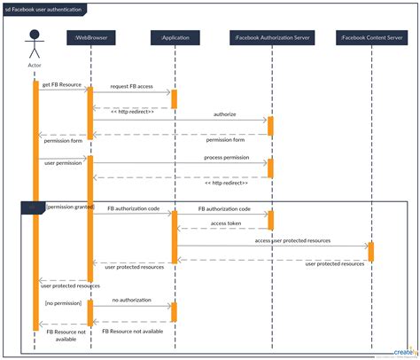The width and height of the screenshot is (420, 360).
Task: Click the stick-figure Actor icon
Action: (x=35, y=43)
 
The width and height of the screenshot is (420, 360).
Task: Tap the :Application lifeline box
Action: (x=175, y=37)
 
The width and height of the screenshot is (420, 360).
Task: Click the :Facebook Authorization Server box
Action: (x=270, y=37)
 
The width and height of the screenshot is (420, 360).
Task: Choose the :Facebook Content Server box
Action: (x=370, y=37)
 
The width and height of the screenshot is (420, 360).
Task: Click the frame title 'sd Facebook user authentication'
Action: (x=46, y=9)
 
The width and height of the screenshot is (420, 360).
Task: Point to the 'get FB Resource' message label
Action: (x=61, y=85)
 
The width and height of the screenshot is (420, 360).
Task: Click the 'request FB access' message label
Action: (x=132, y=87)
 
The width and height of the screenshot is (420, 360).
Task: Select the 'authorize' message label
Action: (x=225, y=114)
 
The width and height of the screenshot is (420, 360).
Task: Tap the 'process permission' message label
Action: (x=225, y=156)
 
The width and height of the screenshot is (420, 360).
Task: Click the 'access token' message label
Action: (x=225, y=223)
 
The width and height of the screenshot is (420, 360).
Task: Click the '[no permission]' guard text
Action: (x=62, y=302)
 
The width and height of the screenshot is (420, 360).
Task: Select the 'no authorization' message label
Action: (x=130, y=301)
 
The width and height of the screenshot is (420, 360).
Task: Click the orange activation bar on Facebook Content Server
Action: (x=370, y=252)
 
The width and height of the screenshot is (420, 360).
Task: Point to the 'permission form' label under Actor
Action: (x=60, y=140)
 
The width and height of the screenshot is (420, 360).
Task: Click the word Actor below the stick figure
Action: (x=35, y=66)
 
